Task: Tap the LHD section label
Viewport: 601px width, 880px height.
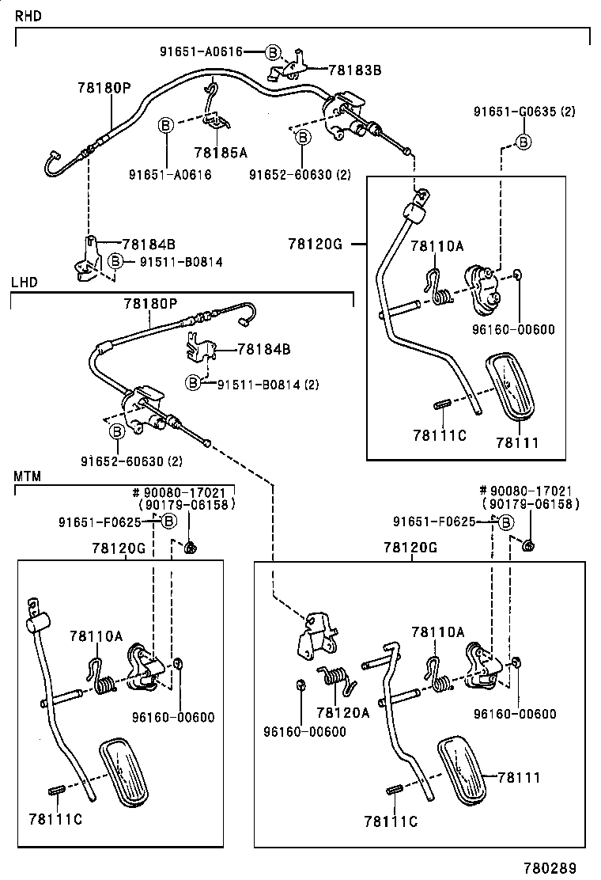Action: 24,282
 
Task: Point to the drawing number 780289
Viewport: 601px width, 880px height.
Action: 551,867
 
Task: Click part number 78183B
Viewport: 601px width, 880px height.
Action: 354,70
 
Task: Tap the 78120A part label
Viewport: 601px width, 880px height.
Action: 342,712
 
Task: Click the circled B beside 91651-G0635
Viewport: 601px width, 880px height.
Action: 523,142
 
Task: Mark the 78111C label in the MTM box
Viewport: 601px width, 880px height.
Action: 55,818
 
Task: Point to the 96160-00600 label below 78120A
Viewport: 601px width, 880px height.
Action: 304,731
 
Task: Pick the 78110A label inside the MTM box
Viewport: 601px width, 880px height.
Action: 96,635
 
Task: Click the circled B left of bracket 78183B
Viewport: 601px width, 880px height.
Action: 272,52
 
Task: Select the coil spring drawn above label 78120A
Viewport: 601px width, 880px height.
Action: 335,678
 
